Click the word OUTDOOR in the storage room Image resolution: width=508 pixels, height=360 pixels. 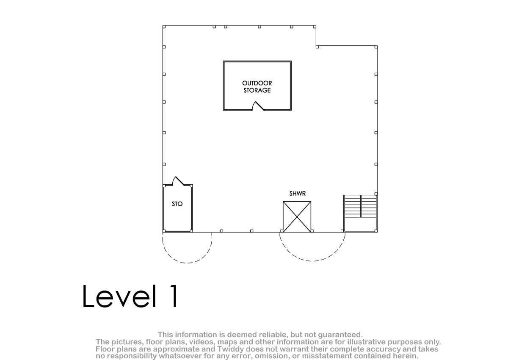[x=257, y=83]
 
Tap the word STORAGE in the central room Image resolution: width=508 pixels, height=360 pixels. [x=257, y=90]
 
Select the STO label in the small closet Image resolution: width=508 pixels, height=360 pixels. [x=177, y=204]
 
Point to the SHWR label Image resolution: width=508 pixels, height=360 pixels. [x=297, y=194]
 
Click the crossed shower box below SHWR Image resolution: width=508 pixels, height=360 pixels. [x=297, y=217]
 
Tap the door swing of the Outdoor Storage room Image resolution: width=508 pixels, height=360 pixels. [x=258, y=106]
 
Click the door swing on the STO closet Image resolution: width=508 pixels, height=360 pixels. [x=178, y=181]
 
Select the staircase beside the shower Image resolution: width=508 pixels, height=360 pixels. [x=360, y=213]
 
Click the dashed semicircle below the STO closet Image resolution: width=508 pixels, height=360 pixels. [x=188, y=263]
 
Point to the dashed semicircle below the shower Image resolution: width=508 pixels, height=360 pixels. [x=312, y=261]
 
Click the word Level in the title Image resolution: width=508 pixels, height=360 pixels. [x=119, y=296]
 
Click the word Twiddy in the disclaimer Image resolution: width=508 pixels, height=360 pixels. [x=231, y=349]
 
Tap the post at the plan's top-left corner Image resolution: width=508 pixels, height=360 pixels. [x=164, y=27]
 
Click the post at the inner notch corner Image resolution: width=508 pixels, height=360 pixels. [x=317, y=47]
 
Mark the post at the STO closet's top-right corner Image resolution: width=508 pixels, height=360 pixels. [x=191, y=186]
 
